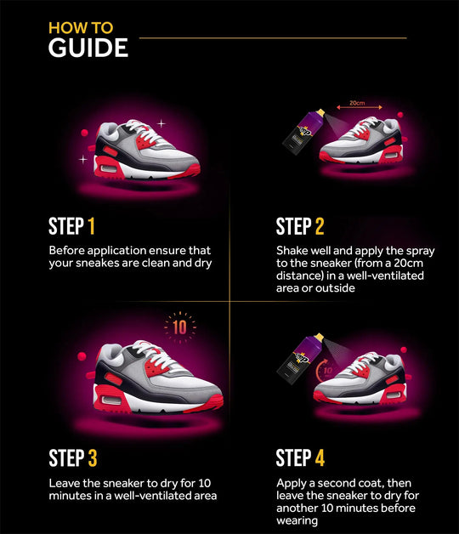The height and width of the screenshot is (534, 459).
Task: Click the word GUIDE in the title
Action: coord(88,48)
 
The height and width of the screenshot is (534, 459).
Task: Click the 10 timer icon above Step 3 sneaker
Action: coord(179,327)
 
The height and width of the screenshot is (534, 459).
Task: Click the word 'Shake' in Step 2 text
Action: coord(293,251)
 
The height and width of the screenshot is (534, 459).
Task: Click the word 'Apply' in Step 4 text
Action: coord(292,482)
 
